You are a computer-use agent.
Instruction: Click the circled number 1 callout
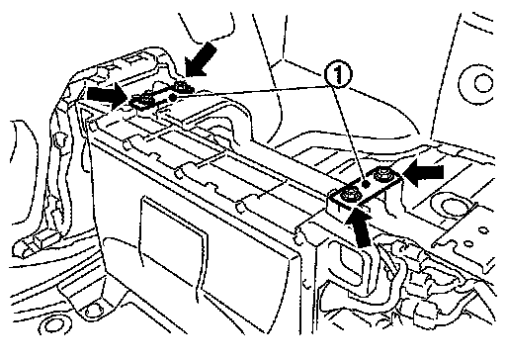[x=339, y=76]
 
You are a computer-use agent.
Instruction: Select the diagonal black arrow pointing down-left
[x=201, y=59]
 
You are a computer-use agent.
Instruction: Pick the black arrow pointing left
[x=424, y=172]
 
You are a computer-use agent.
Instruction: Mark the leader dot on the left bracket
[x=172, y=97]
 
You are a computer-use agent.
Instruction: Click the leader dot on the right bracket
[x=366, y=185]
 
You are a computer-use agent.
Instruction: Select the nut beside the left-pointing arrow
[x=383, y=174]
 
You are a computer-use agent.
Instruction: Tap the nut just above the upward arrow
[x=348, y=194]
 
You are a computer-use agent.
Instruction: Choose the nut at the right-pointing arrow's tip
[x=145, y=99]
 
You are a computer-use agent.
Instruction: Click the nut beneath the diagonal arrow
[x=181, y=87]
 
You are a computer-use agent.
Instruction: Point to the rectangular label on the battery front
[x=173, y=230]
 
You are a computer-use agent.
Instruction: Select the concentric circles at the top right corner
[x=478, y=83]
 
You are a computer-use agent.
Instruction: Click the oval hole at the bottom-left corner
[x=55, y=325]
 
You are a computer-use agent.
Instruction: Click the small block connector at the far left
[x=42, y=242]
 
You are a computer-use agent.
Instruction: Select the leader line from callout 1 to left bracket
[x=250, y=92]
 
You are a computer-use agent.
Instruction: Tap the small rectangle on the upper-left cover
[x=133, y=60]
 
